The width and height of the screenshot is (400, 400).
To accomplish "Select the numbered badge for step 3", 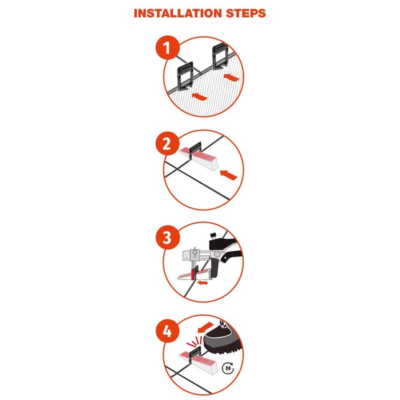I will pyautogui.click(x=168, y=237).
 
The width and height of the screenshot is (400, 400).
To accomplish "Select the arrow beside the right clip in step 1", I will pyautogui.click(x=230, y=77).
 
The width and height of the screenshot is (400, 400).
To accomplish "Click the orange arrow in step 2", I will pyautogui.click(x=227, y=174).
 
